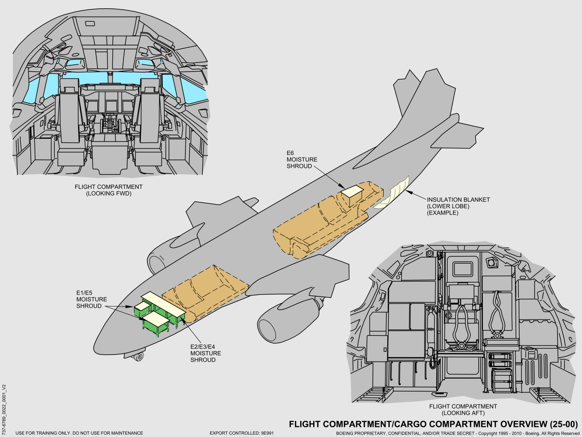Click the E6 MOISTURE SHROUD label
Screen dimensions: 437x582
pos(302,159)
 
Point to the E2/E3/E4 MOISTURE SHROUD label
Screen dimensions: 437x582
pos(206,353)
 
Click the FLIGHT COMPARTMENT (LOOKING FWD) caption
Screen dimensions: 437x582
pos(108,190)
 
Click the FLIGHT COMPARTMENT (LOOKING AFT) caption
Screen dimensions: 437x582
pos(463,409)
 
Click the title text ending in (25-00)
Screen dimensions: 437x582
pos(433,424)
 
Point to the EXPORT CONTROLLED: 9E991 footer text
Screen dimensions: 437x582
pos(241,433)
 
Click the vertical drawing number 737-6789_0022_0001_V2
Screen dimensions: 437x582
pos(4,400)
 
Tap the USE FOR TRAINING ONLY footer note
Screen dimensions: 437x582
pos(79,433)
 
